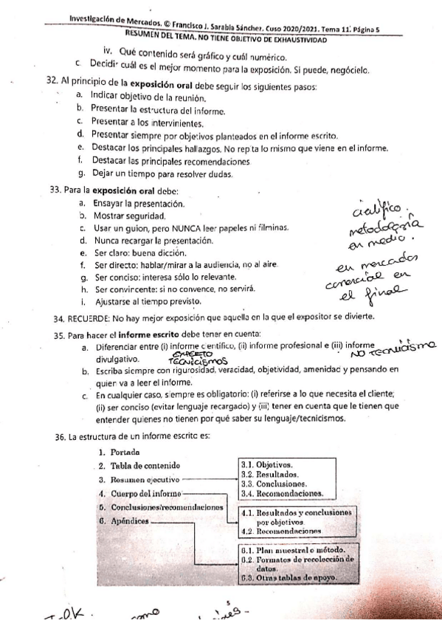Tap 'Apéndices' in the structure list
(x=128, y=521)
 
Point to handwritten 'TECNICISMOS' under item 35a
(x=195, y=364)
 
